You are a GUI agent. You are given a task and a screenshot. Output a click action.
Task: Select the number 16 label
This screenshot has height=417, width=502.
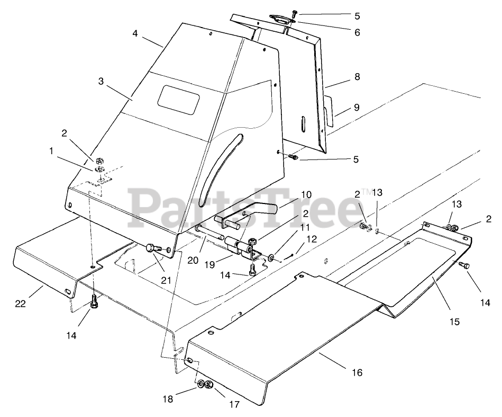click(x=357, y=372)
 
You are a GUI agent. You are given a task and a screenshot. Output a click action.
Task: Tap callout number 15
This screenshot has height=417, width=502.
click(x=454, y=321)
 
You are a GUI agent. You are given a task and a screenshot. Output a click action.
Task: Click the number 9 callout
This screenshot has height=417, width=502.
click(x=357, y=108)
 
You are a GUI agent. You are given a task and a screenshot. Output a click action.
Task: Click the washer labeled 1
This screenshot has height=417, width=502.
click(x=99, y=169)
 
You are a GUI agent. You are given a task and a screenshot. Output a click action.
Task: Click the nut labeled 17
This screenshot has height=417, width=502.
click(x=209, y=385)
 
